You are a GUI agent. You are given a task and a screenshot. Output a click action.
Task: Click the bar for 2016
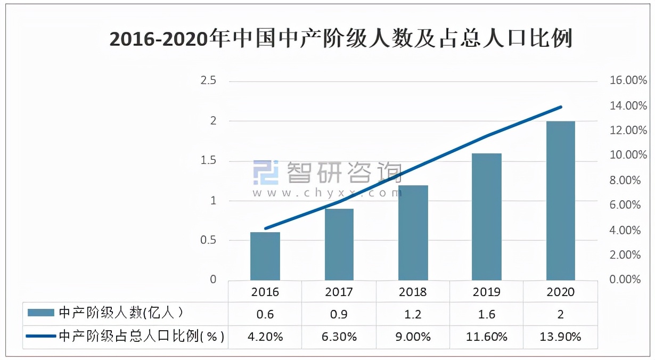click(265, 256)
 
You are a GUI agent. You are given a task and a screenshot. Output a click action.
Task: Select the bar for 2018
click(413, 233)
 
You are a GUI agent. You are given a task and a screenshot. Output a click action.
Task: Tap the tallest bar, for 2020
click(561, 201)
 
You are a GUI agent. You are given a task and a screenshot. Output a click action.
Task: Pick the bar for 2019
click(487, 217)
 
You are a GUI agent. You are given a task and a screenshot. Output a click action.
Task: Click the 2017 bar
click(339, 244)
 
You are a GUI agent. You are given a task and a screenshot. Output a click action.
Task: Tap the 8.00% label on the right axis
click(625, 181)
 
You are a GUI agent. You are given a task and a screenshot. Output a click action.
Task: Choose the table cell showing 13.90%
click(560, 337)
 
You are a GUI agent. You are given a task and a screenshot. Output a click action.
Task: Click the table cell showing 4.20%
click(265, 337)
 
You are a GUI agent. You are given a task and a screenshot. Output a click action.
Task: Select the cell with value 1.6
click(487, 314)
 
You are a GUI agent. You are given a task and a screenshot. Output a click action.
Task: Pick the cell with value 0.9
click(339, 314)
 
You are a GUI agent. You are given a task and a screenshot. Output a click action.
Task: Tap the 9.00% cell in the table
click(413, 337)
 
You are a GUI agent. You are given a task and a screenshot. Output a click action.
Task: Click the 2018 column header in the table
click(413, 292)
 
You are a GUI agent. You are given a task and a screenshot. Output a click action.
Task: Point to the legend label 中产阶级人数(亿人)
click(122, 313)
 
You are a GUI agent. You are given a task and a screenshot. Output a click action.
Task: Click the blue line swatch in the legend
click(40, 337)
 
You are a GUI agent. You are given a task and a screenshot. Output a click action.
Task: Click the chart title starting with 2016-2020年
click(341, 39)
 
